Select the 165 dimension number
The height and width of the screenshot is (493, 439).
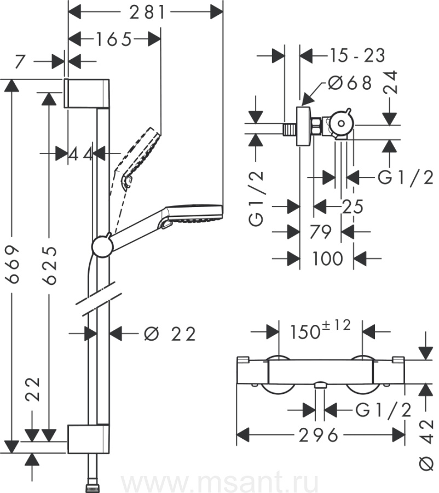114,39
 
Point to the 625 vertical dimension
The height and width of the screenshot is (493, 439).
49,265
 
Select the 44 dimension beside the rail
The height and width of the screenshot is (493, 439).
80,154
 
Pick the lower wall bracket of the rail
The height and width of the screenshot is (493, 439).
89,439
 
